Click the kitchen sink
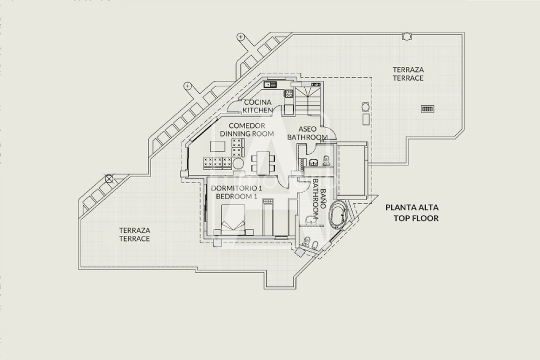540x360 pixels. point(270,85)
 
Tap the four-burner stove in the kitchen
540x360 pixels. point(289,93)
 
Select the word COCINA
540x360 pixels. point(258,102)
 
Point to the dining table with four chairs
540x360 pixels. point(263,163)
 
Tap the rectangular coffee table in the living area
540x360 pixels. point(218,146)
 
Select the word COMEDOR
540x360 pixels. point(247,126)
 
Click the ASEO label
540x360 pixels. point(307,129)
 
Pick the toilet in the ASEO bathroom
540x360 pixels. point(326,161)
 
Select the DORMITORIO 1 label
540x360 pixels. point(236,188)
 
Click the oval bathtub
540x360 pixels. point(338,214)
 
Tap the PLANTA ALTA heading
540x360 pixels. point(412,207)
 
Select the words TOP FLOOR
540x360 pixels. point(416,218)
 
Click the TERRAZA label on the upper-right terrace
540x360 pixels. point(408,70)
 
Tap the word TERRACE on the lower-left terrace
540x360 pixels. point(135,239)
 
